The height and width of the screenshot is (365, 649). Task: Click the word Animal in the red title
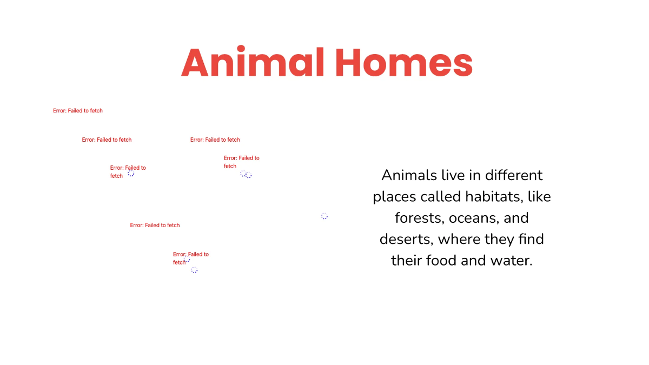click(x=254, y=63)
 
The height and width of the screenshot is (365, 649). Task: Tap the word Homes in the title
click(x=403, y=63)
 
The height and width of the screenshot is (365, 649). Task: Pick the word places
click(x=394, y=197)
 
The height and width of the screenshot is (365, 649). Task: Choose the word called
click(x=441, y=196)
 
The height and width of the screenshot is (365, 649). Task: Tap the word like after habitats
click(x=539, y=196)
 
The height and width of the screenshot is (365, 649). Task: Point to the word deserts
click(x=406, y=239)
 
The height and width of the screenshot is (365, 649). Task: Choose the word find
click(x=531, y=239)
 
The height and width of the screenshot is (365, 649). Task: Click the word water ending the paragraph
click(x=511, y=261)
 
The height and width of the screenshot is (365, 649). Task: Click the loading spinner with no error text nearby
click(x=325, y=216)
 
